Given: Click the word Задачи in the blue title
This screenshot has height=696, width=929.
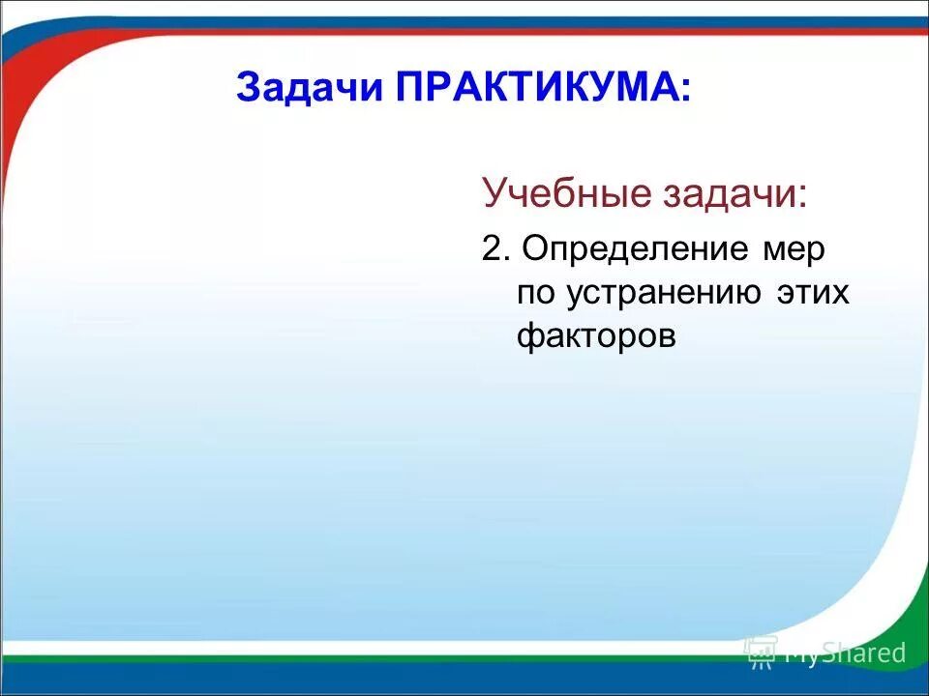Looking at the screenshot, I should tap(310, 89).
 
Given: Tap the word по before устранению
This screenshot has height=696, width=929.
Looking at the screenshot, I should tap(535, 292).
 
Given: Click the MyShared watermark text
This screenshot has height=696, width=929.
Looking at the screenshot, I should tap(845, 653).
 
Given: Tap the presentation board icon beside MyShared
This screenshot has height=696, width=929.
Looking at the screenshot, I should tap(762, 652).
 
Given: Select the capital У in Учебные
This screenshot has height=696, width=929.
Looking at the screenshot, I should tap(494, 193).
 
